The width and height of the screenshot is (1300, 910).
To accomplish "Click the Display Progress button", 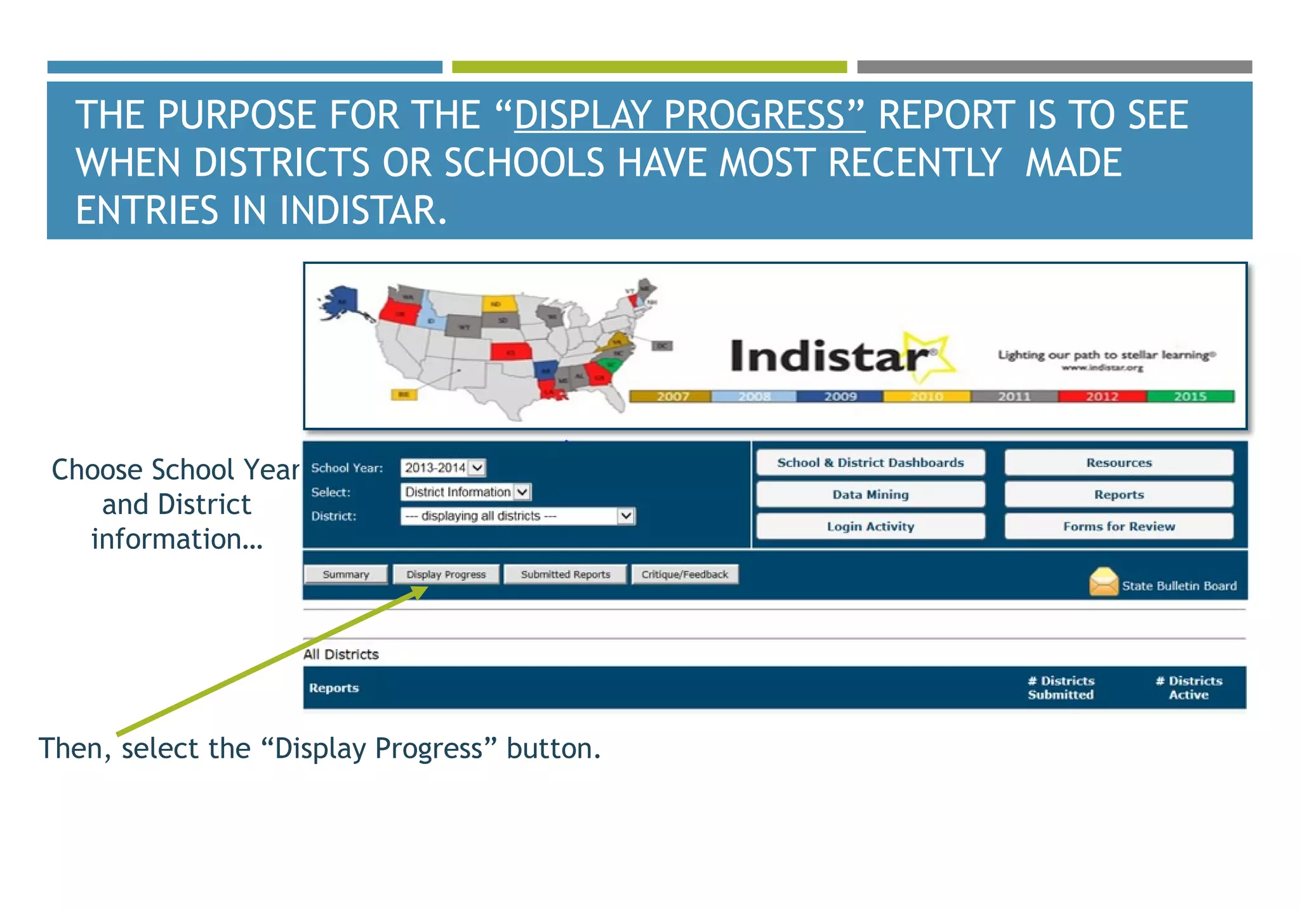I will [446, 574].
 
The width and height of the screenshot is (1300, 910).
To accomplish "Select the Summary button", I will [345, 574].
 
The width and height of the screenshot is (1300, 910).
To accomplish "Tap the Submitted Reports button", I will [565, 574].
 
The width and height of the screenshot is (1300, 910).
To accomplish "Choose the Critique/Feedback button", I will [684, 574].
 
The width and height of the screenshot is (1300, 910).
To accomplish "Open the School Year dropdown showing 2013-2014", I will [443, 468].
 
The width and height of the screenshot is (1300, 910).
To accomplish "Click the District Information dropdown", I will [465, 492].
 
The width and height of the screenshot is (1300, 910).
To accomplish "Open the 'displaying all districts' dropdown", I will [517, 516].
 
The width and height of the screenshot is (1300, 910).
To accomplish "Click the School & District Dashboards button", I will [870, 463].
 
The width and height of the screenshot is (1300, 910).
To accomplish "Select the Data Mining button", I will [870, 494].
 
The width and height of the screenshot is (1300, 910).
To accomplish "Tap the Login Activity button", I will [870, 526].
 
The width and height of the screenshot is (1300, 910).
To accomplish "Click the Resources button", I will [1118, 463].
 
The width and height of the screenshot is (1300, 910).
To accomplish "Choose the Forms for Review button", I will [1118, 526].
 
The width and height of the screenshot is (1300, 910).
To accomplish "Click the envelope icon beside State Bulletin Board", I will [1103, 582].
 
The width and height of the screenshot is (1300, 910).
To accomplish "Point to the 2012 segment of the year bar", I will [1102, 397].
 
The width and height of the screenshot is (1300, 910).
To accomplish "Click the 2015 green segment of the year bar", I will [1190, 397].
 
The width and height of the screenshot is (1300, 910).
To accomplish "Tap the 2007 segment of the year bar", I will [672, 397].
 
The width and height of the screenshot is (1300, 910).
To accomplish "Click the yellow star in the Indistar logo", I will [929, 355].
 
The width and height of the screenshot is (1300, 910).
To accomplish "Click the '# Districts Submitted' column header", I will [1061, 688].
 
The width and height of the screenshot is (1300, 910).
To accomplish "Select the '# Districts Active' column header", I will [1189, 688].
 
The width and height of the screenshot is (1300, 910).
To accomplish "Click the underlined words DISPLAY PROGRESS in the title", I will [689, 115].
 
